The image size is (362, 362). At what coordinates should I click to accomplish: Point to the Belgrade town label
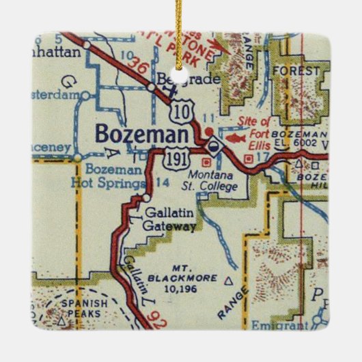[x=180, y=80]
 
